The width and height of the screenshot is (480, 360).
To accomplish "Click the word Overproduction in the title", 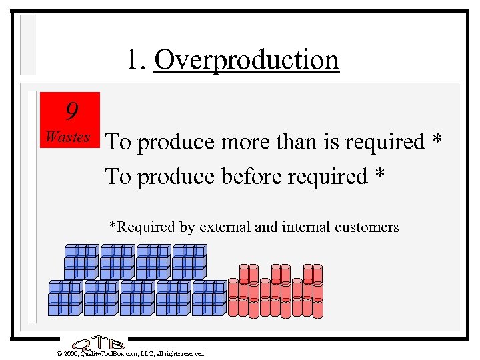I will (247, 60).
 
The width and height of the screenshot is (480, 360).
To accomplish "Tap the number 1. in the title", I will (137, 60).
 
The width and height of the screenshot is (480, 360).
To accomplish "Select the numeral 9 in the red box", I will (69, 109).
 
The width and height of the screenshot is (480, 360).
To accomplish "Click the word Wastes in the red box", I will (67, 137).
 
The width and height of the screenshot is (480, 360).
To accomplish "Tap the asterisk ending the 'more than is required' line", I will (437, 141).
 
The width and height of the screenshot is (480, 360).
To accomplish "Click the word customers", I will (369, 227).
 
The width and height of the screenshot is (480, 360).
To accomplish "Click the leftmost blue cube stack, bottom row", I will (65, 297).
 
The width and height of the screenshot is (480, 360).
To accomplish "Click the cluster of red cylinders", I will (275, 290).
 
